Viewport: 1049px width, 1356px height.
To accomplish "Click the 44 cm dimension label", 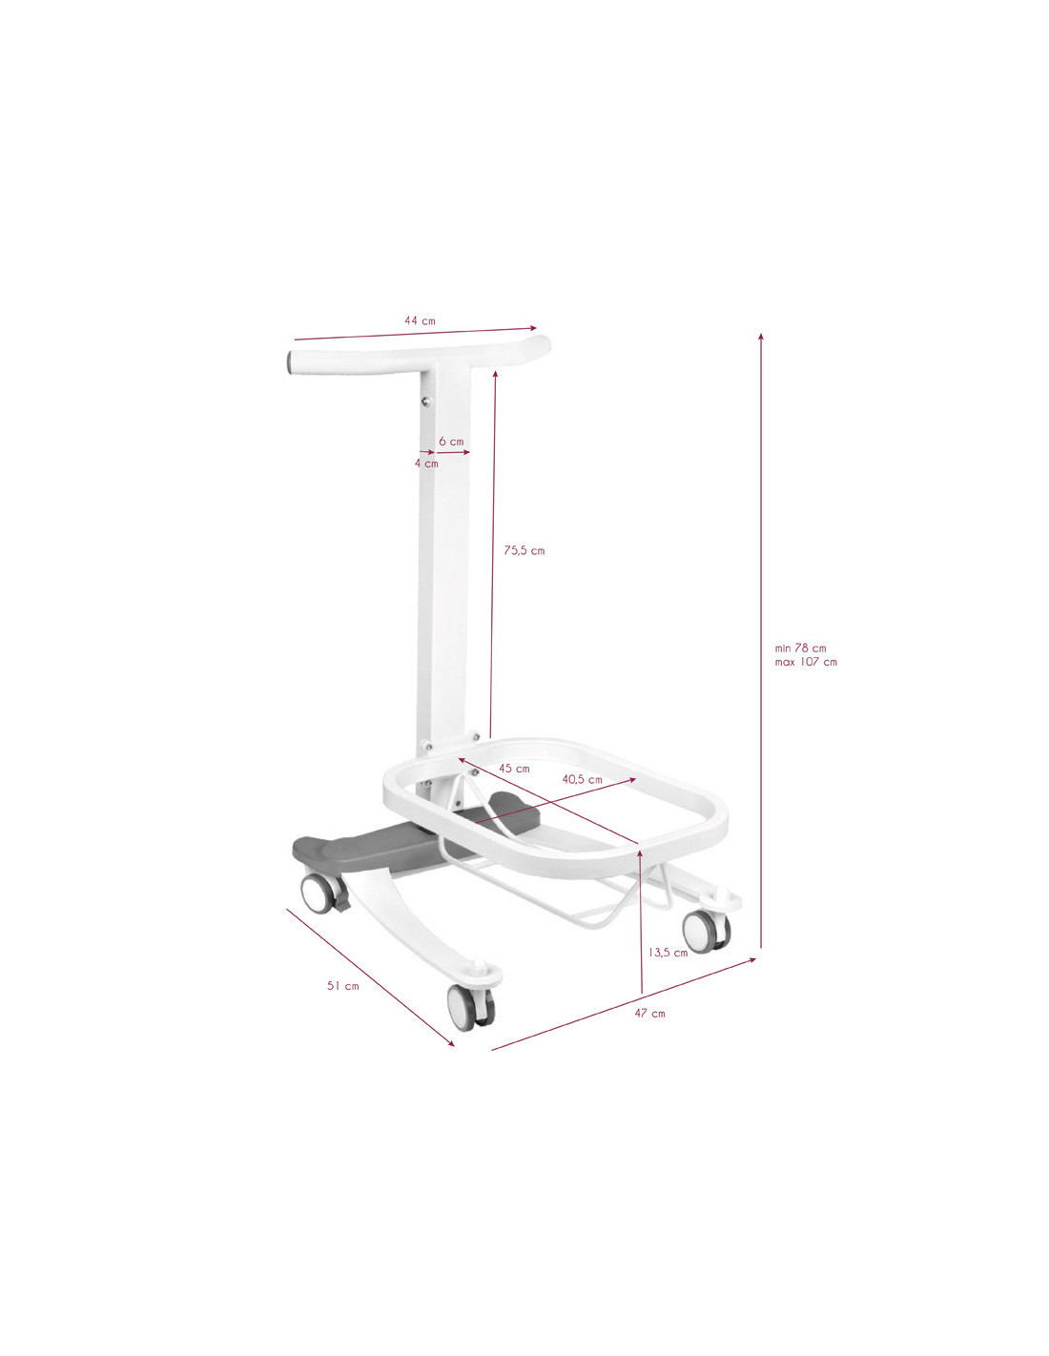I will (x=420, y=320).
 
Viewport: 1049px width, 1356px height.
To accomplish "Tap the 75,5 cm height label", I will (x=524, y=550).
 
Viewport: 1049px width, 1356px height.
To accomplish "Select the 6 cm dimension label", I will (x=451, y=442).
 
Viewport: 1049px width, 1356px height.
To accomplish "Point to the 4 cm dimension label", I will (x=426, y=463).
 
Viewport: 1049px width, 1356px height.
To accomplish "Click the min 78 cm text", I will (x=800, y=648).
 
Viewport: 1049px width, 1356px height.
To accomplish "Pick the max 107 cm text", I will (x=805, y=662).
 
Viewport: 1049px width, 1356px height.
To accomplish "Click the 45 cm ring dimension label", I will (x=514, y=769).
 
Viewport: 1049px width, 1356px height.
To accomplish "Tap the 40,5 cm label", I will (x=582, y=779).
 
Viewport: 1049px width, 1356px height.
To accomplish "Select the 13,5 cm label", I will (x=668, y=952).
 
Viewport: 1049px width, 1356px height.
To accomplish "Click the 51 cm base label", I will (x=343, y=986).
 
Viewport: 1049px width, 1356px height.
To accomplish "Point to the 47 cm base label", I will (x=649, y=1014).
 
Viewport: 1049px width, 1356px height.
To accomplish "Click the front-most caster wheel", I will (x=469, y=1007).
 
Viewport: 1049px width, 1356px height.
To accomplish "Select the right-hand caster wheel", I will (x=704, y=930).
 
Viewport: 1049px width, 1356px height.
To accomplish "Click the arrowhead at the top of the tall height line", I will (x=760, y=335).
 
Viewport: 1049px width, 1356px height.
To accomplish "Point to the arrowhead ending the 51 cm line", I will (x=451, y=1043).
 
